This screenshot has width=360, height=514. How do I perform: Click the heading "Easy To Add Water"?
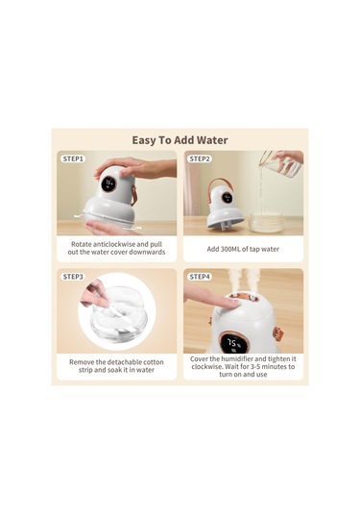[x=180, y=140]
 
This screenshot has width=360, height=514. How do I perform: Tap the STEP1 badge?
[x=73, y=159]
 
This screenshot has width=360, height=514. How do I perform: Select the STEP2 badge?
[x=200, y=159]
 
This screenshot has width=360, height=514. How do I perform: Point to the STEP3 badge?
[x=73, y=277]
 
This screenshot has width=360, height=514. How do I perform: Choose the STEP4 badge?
[x=200, y=277]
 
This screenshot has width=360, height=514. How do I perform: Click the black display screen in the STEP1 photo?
[x=108, y=184]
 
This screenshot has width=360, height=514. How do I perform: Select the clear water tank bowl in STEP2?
[x=266, y=222]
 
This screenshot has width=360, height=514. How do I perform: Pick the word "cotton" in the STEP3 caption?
[x=153, y=362]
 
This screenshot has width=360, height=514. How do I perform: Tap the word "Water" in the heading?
[x=211, y=140]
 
